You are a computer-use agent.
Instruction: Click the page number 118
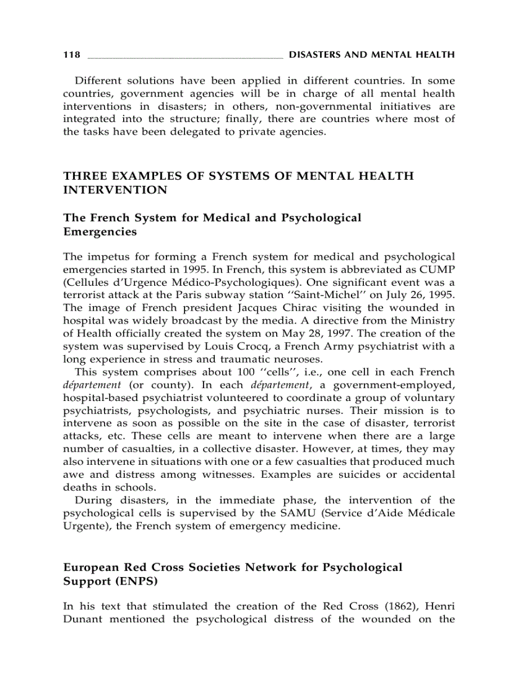coord(71,55)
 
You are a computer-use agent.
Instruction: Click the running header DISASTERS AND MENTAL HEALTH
coord(371,55)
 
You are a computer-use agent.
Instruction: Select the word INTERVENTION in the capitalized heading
coord(106,190)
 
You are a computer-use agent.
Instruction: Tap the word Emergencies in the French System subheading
coord(100,232)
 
